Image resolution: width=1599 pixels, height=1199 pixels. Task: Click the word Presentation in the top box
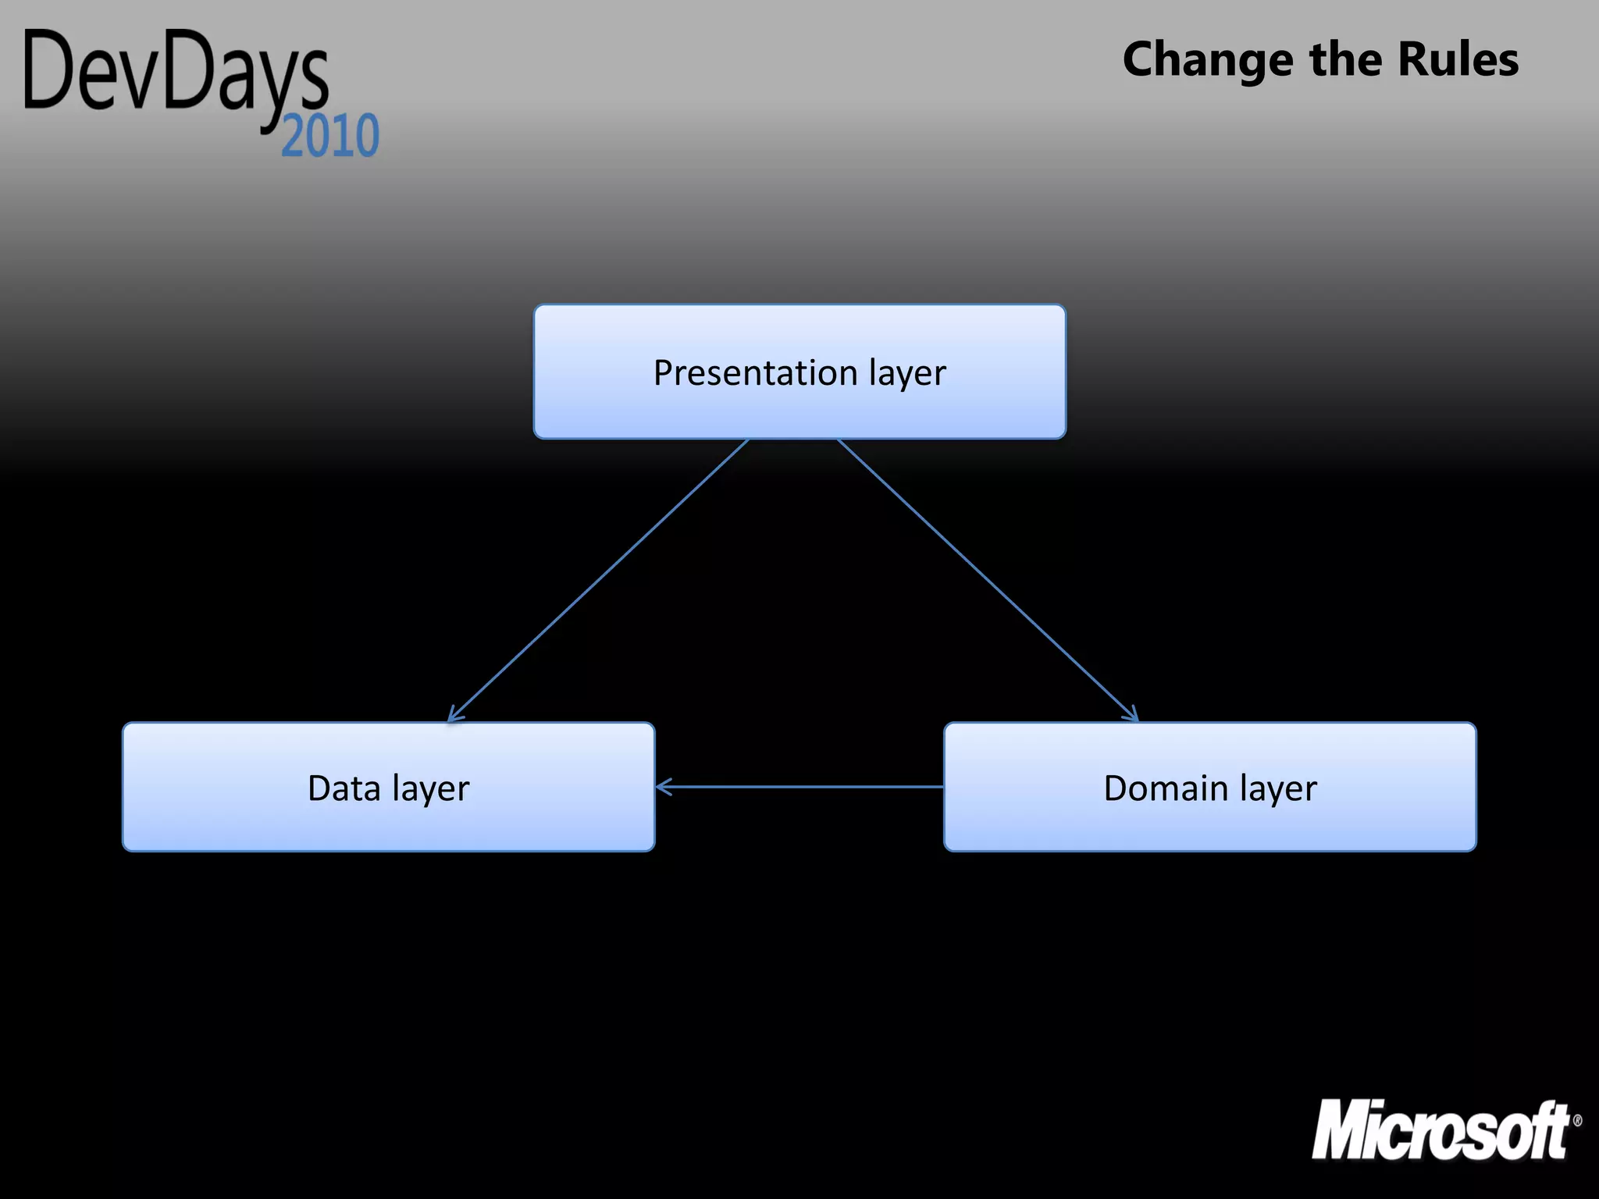[755, 373]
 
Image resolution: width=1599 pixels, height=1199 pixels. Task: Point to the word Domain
[1166, 788]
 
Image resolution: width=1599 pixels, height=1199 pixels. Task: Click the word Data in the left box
[344, 788]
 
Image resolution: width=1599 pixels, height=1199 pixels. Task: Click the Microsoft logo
[1441, 1130]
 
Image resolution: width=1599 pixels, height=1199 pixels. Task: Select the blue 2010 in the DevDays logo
[330, 137]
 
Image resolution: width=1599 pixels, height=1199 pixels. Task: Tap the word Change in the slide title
[1207, 61]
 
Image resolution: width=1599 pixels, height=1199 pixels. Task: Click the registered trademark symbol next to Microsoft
[1577, 1120]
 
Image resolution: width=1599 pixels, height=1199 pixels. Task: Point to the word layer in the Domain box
[1277, 790]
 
